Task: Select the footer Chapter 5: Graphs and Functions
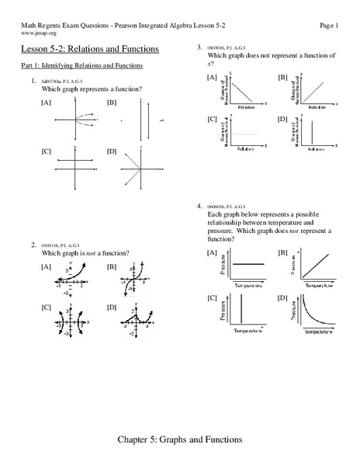tap(179, 440)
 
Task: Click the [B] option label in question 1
tap(112, 103)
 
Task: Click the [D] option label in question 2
tap(112, 308)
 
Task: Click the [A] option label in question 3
tap(211, 78)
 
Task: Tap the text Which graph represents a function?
tap(90, 89)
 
